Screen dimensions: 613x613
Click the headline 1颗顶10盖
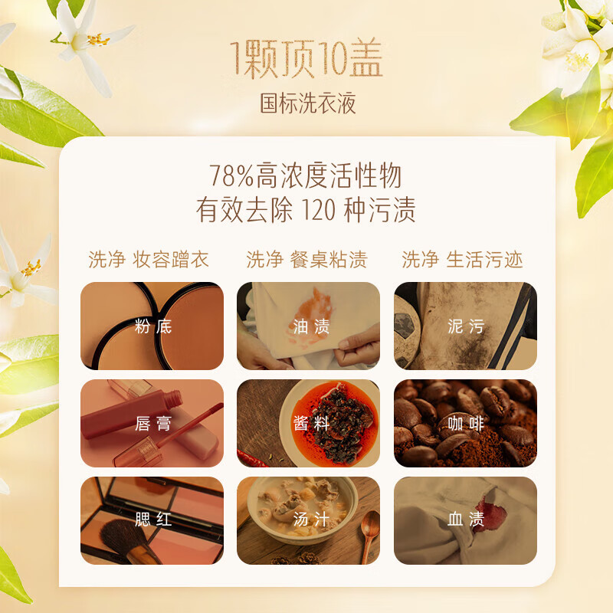306,59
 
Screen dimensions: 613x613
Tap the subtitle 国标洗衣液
308,103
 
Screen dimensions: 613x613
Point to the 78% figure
231,176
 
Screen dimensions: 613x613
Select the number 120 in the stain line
319,210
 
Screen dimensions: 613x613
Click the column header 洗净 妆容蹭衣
149,260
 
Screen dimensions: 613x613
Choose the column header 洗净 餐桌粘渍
307,260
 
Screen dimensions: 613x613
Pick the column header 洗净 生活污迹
462,260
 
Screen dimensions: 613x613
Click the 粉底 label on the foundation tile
152,326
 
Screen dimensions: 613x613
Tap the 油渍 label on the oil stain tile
311,326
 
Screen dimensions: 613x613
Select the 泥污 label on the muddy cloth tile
466,326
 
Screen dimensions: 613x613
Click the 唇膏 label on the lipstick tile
152,424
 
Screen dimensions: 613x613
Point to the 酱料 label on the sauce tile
311,424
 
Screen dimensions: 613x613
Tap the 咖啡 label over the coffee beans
466,424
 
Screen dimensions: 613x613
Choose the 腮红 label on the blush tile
152,520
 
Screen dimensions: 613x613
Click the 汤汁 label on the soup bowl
311,520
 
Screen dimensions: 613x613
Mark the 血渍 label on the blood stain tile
466,520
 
